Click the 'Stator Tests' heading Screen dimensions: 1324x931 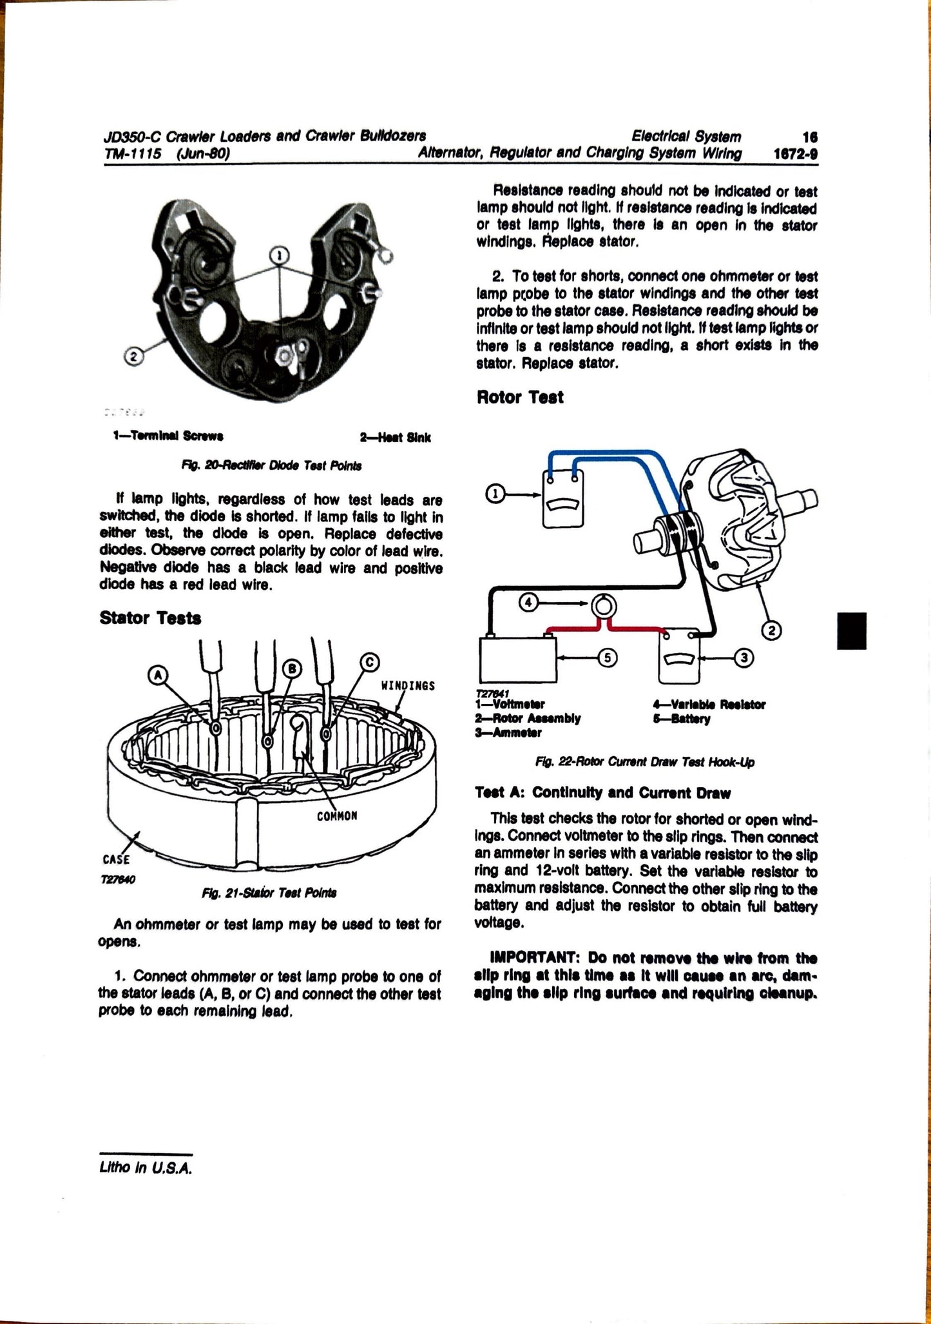click(x=150, y=618)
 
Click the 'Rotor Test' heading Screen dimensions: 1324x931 click(x=519, y=397)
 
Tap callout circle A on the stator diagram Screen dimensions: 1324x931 click(x=158, y=675)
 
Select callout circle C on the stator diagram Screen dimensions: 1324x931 click(x=369, y=662)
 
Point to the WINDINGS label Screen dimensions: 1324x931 click(x=408, y=685)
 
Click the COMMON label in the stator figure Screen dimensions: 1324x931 click(x=336, y=816)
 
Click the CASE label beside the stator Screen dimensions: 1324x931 click(x=116, y=859)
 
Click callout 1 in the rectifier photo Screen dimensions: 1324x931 click(x=278, y=256)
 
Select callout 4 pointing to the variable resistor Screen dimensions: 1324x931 click(x=528, y=603)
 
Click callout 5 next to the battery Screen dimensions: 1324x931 click(x=608, y=657)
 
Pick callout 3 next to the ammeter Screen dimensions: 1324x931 click(x=744, y=657)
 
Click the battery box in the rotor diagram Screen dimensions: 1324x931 click(x=517, y=659)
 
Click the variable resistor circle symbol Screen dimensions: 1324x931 click(x=604, y=606)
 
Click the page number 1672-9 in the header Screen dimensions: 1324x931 click(x=795, y=154)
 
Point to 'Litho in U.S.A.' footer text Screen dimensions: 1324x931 click(x=146, y=1167)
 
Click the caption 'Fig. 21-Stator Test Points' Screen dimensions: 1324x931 click(x=269, y=893)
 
